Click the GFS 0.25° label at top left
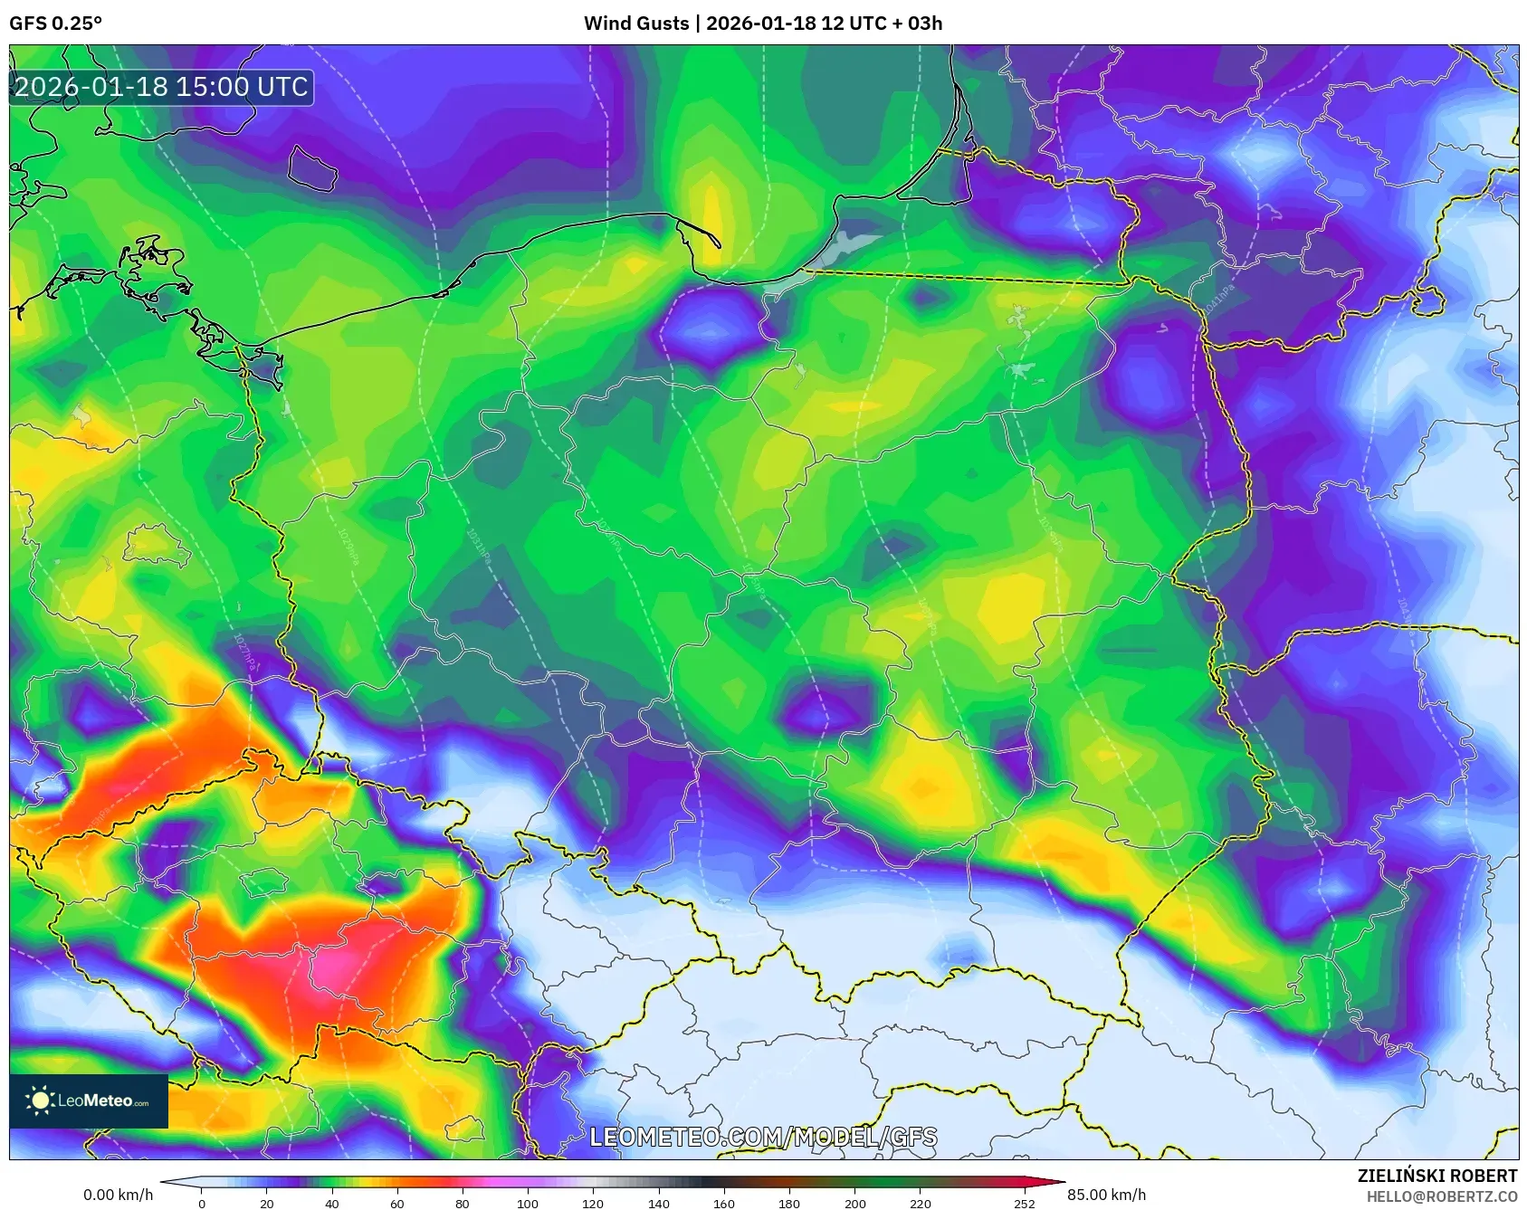(x=55, y=24)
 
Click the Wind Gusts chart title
(x=762, y=24)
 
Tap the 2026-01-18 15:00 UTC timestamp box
(x=161, y=87)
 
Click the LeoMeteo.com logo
(x=89, y=1100)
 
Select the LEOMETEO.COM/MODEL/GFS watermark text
(x=763, y=1138)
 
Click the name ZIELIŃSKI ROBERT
(x=1436, y=1176)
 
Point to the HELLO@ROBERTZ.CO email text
(x=1441, y=1196)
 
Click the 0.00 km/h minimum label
(x=118, y=1195)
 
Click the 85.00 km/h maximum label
(x=1106, y=1195)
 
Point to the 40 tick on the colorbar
(x=332, y=1203)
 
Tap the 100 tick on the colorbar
(x=528, y=1203)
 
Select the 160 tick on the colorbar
(x=724, y=1203)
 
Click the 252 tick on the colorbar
(x=1024, y=1203)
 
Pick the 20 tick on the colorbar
(x=266, y=1203)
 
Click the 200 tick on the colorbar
(x=854, y=1203)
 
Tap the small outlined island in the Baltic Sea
(x=312, y=168)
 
